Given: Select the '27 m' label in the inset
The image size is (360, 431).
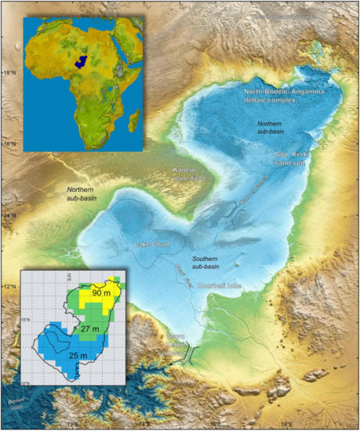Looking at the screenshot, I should pos(93,329).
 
